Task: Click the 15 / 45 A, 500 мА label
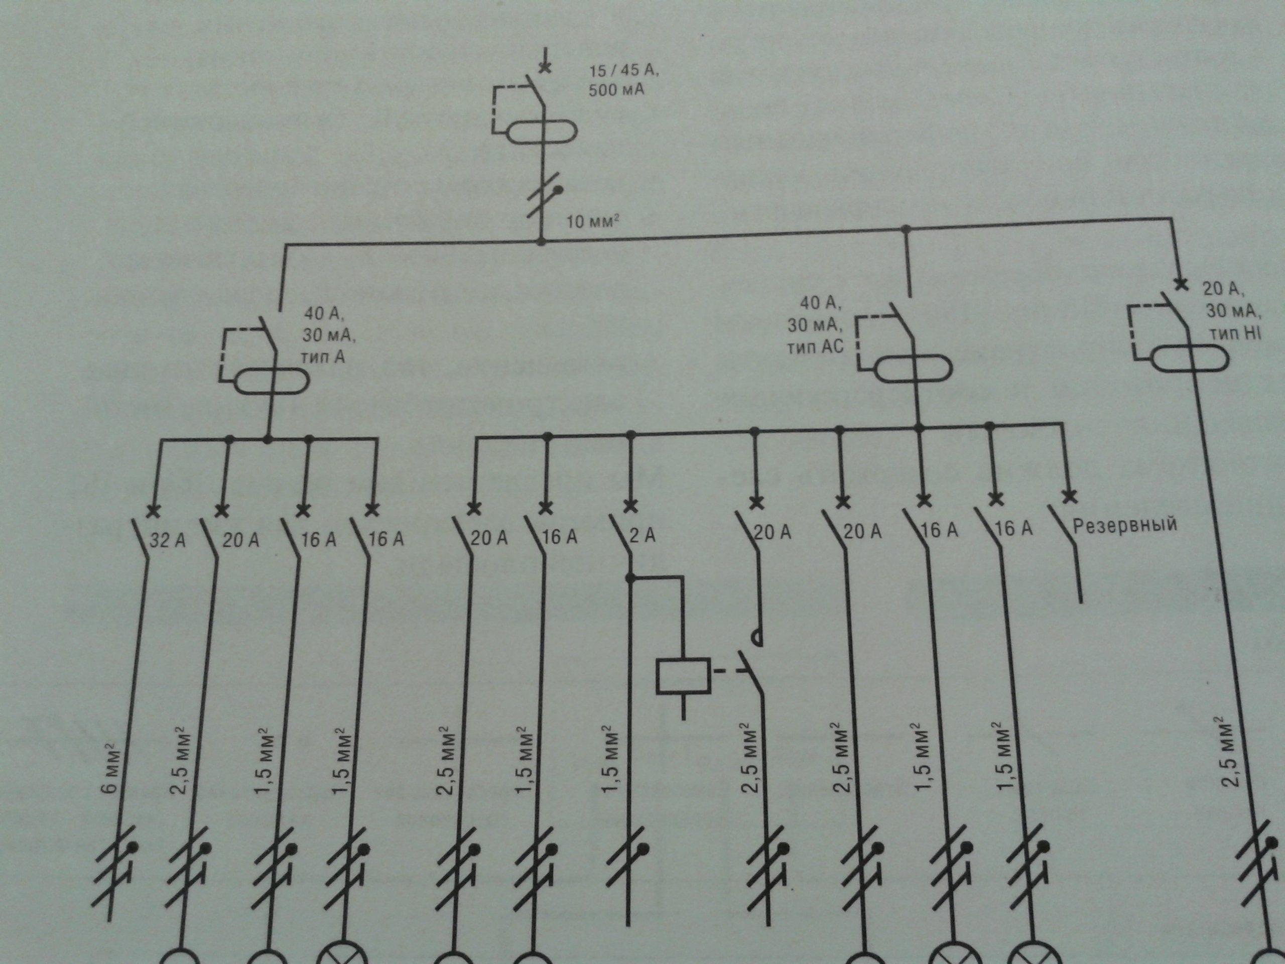(x=623, y=80)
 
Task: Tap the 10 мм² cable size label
(x=590, y=221)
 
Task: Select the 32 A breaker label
(x=168, y=540)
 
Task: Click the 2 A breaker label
(x=642, y=535)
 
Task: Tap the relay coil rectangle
(x=683, y=675)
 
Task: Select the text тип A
(x=323, y=355)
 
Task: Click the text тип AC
(x=815, y=346)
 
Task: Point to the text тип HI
(x=1235, y=333)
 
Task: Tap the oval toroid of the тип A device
(x=270, y=383)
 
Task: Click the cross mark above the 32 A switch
(x=154, y=511)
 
